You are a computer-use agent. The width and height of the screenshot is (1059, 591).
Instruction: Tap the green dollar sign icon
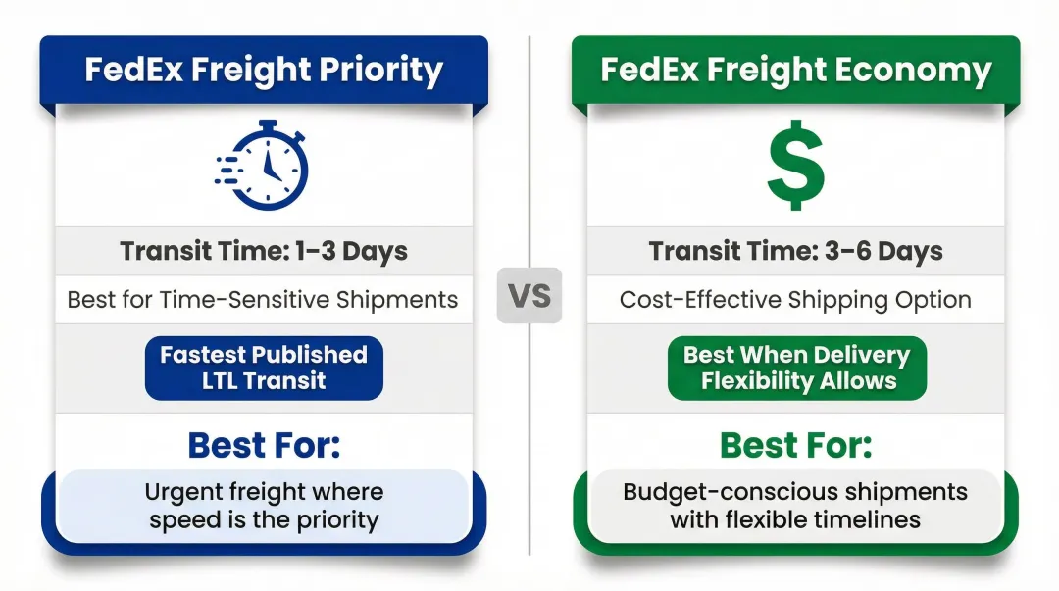[795, 166]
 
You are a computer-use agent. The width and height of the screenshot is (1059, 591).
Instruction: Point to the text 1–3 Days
[352, 251]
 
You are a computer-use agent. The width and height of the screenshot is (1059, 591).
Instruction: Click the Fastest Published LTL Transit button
[264, 368]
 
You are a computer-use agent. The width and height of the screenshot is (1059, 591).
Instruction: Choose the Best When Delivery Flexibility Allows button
[797, 368]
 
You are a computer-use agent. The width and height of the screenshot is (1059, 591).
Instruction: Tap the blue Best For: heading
[264, 445]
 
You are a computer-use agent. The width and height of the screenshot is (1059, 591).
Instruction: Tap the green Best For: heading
[795, 445]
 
